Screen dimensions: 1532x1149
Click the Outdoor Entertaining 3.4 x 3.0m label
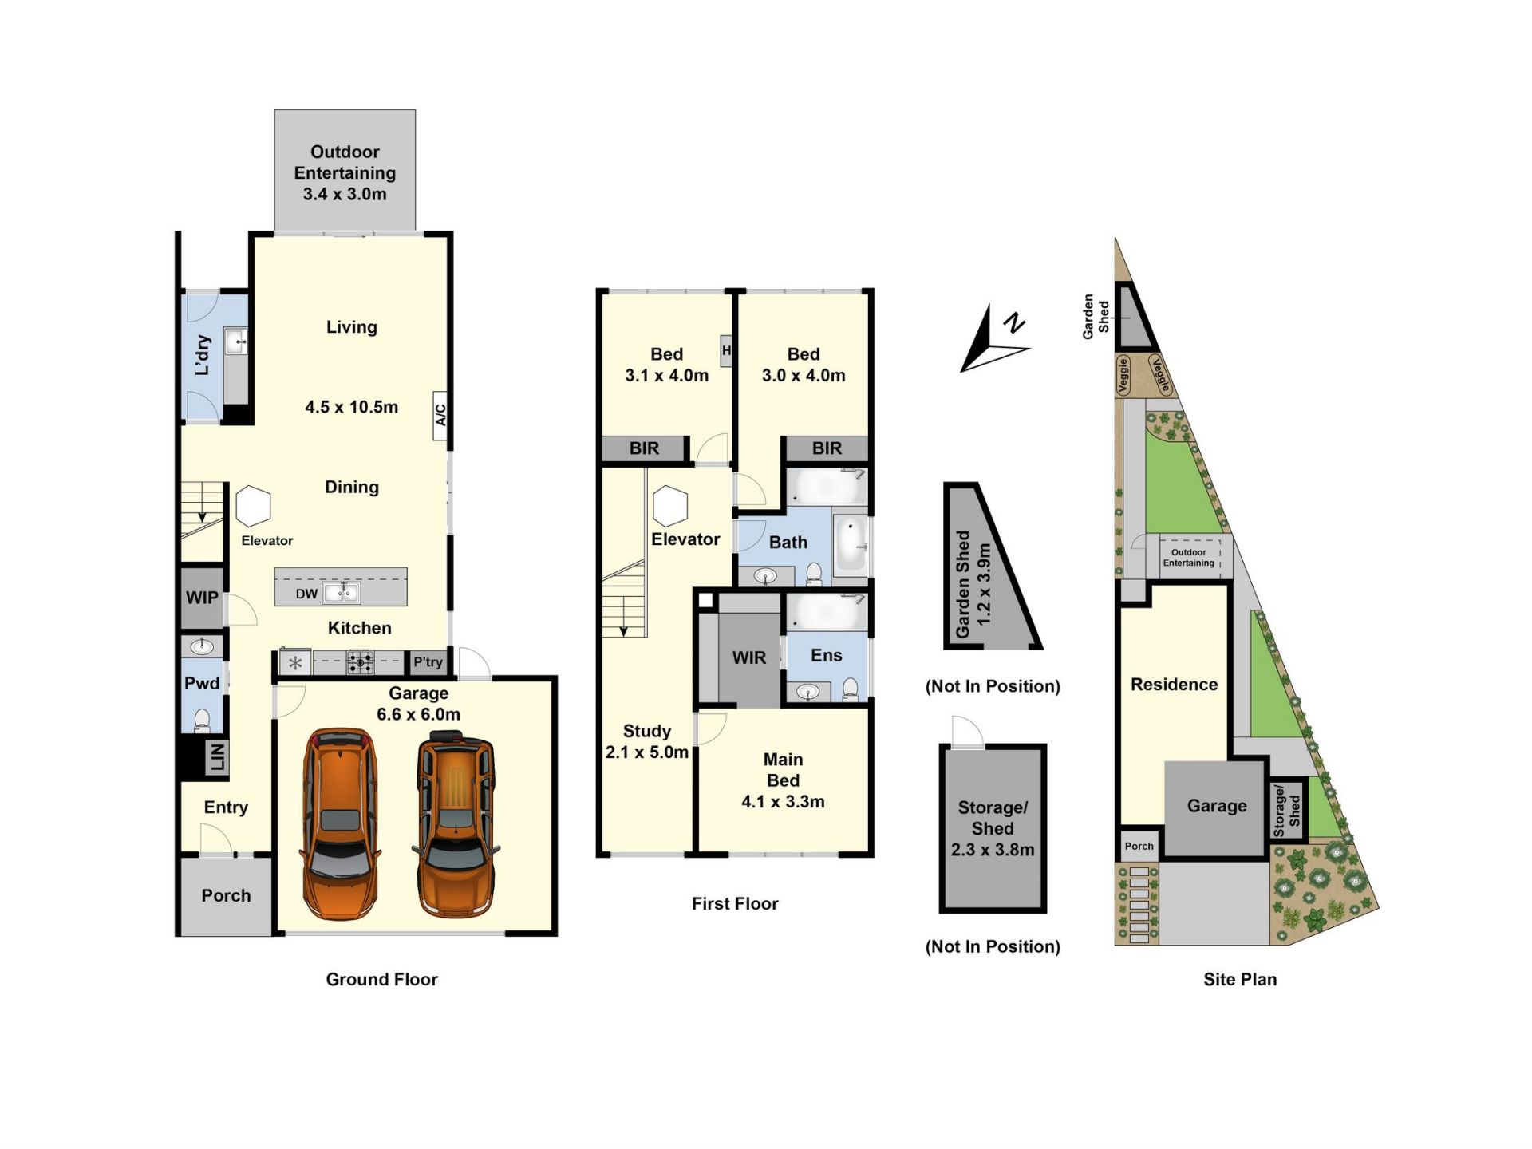pos(345,172)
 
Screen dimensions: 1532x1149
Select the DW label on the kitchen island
pos(306,594)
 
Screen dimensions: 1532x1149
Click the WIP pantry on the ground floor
pos(202,598)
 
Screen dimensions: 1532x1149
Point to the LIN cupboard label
pos(217,757)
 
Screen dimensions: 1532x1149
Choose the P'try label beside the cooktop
pos(428,661)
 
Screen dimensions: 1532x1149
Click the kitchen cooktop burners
pos(360,662)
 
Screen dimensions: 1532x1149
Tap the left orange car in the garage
pos(342,823)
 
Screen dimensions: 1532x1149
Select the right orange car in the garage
pos(456,827)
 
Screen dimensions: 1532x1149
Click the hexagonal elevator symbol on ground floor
pos(254,506)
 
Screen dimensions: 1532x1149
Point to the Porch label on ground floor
pos(226,895)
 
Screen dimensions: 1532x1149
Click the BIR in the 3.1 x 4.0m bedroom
pos(644,448)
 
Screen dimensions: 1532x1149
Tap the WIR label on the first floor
pos(749,657)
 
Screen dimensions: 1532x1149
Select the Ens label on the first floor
pos(827,655)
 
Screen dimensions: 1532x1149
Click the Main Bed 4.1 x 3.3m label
pos(783,780)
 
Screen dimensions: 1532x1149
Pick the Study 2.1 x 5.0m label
pos(647,741)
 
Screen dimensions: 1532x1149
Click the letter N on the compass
pos(1014,322)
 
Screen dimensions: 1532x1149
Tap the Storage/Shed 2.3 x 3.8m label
pos(993,828)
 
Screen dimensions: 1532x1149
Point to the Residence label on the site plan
pos(1174,684)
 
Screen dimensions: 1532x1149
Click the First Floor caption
pos(735,903)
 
